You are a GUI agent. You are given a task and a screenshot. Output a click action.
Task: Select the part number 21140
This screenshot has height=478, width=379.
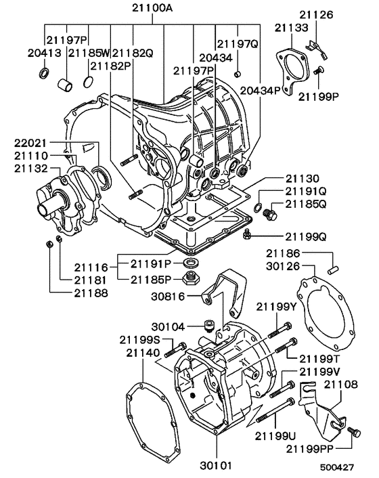[x=143, y=353]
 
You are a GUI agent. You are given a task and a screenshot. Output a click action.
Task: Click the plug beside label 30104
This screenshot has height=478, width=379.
[x=210, y=326]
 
